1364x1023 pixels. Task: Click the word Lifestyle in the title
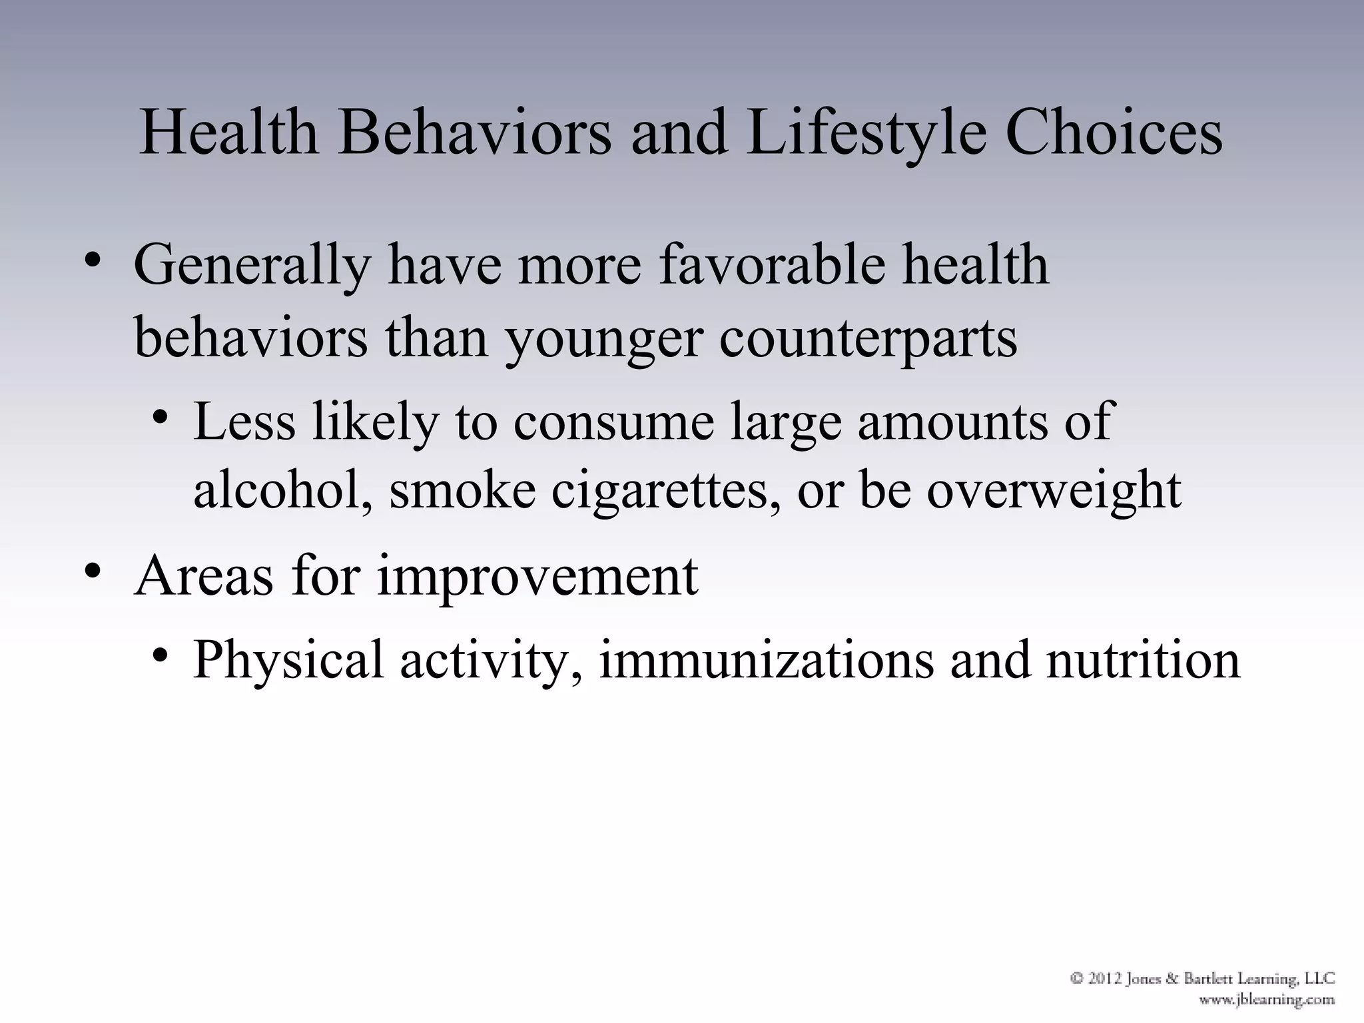click(x=866, y=133)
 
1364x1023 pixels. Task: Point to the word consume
click(x=613, y=422)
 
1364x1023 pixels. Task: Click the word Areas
click(x=204, y=575)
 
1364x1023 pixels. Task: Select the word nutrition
click(x=1143, y=659)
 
